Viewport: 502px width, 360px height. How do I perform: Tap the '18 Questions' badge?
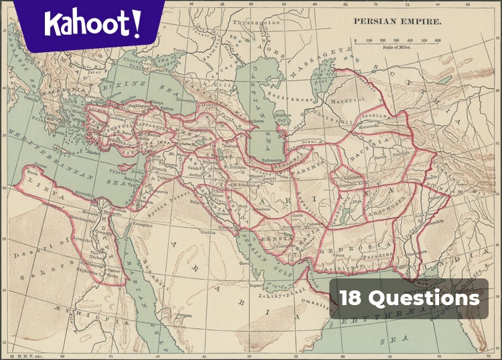[409, 298]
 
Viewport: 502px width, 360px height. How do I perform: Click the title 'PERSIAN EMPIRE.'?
[397, 21]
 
